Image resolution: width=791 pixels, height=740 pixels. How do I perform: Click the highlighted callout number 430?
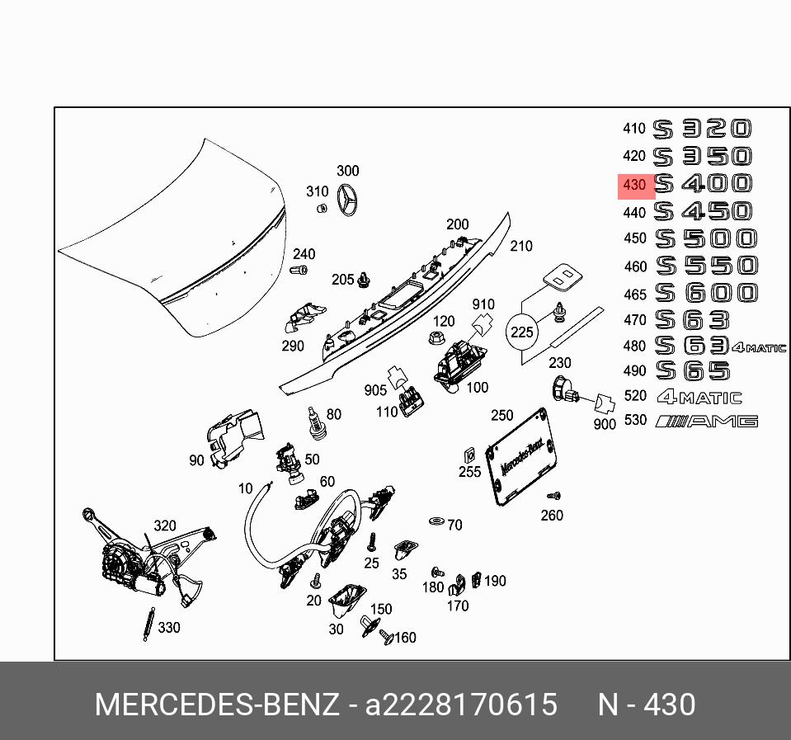[x=634, y=185]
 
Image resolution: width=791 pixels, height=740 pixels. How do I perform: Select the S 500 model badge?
[x=705, y=238]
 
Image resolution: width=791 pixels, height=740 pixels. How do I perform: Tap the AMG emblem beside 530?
[x=706, y=422]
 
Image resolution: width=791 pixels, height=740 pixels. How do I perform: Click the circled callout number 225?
[x=522, y=333]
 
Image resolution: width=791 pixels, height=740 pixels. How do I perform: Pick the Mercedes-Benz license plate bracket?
[x=519, y=454]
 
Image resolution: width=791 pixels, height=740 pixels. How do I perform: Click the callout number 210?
[x=521, y=246]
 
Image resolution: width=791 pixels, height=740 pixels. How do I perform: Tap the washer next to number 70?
[x=436, y=521]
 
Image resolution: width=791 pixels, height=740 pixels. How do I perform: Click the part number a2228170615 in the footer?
[x=461, y=705]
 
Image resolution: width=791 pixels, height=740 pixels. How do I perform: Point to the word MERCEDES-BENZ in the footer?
[x=217, y=705]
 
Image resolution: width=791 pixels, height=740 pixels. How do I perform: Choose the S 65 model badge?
[x=693, y=370]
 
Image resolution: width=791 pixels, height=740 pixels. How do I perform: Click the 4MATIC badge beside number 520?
[x=699, y=397]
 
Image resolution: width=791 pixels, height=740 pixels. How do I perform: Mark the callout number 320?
[x=165, y=526]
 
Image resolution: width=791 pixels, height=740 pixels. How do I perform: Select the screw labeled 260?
[x=553, y=497]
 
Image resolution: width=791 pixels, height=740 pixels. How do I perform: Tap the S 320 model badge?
[x=703, y=129]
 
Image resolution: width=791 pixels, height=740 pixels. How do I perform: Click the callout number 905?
[x=375, y=389]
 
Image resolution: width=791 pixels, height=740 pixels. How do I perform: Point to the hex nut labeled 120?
[x=434, y=337]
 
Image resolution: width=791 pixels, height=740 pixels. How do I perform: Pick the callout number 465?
[x=635, y=293]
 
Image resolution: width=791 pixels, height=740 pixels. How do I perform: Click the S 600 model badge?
[x=706, y=292]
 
